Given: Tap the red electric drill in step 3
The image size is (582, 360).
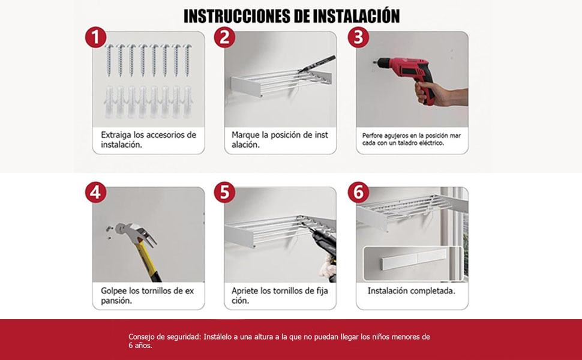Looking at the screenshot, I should (408, 71).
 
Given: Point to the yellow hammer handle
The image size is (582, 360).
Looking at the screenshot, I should (147, 258).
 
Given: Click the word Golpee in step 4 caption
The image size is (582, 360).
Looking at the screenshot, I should (116, 290).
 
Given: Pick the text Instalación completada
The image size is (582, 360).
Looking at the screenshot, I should (411, 290).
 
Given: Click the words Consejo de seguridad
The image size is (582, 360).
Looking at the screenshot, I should (164, 337).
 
